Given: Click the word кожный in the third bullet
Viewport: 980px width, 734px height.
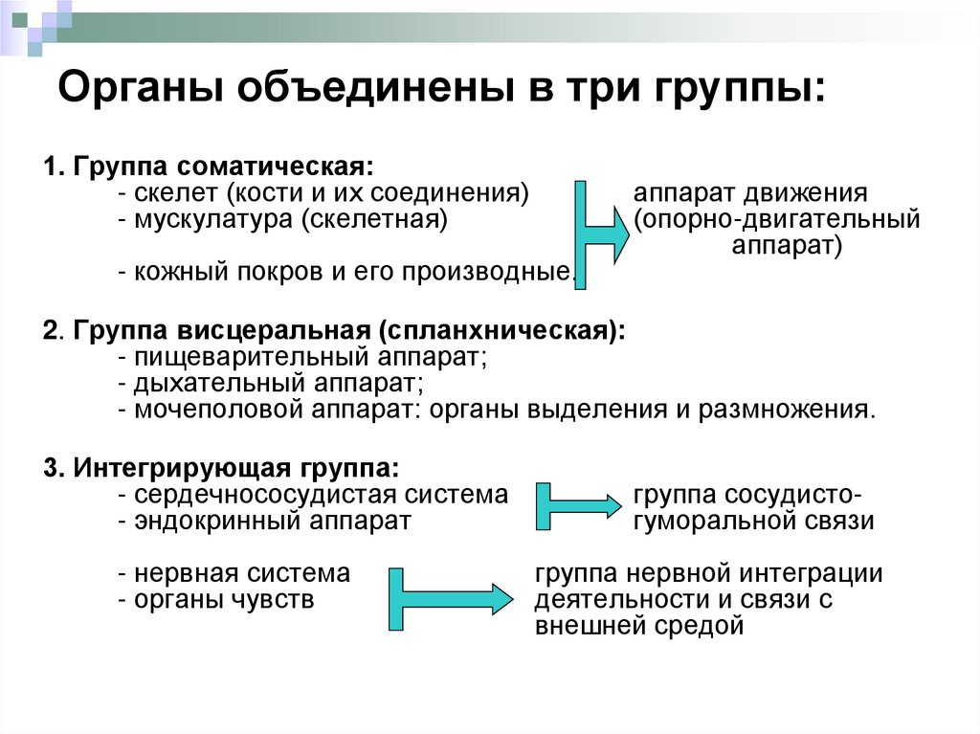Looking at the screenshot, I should (180, 272).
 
